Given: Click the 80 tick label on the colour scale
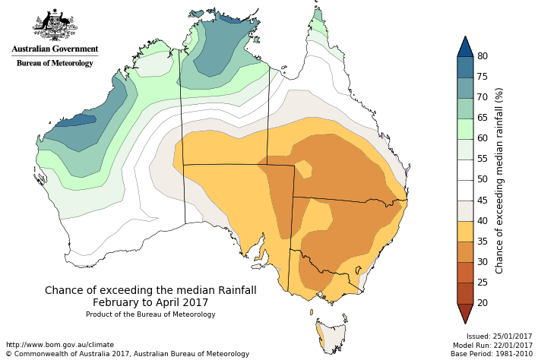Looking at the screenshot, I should pos(482,56).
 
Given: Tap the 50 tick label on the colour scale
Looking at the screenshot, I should pos(482,179).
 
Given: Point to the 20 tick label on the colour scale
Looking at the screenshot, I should pos(482,303).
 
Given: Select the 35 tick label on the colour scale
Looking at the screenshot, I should pos(482,242).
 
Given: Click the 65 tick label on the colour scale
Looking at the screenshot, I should pos(482,118).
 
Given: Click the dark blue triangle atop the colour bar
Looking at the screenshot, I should pos(464,47).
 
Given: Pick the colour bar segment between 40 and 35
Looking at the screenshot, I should pos(464,231).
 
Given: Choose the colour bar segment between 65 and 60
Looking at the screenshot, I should pos(464,128).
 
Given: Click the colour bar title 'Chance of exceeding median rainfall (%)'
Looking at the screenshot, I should pos(499,180).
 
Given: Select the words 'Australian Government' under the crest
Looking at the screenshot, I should pos(55,49).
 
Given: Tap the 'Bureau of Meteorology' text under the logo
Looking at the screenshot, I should pos(55,63).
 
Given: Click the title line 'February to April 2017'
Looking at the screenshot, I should pos(150,302).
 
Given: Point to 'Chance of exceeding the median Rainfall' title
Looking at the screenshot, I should pos(150,290).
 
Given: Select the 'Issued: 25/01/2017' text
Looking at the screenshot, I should pos(499,336).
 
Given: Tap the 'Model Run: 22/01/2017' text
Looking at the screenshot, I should pos(494,345).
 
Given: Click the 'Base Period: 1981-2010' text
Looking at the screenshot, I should pos(492,354).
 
